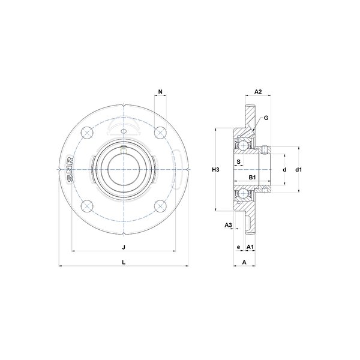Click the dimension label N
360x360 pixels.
160,92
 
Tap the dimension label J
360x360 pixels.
124,247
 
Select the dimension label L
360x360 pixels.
124,262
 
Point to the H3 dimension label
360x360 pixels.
215,170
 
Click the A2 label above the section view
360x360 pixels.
258,92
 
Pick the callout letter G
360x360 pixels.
266,118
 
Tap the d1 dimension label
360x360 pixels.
298,170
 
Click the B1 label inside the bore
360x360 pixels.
252,177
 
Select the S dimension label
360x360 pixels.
239,161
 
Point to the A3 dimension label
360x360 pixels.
228,225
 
